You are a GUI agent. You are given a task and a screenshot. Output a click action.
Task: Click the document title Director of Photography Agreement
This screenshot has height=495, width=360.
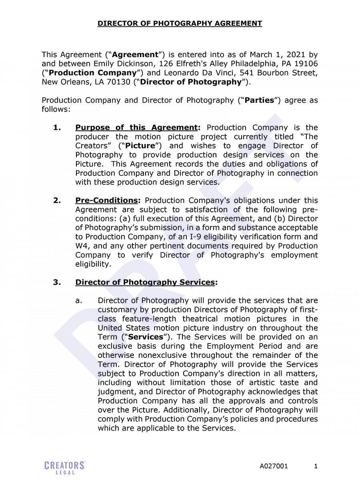tap(180, 24)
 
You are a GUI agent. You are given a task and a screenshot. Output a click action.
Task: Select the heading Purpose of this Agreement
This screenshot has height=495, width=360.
tap(136, 128)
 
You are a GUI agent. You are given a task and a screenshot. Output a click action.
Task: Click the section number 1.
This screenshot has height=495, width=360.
tap(57, 128)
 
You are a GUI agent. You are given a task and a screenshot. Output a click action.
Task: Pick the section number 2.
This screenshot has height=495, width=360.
tap(57, 200)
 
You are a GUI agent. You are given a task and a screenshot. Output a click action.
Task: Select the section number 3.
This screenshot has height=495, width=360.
tap(57, 282)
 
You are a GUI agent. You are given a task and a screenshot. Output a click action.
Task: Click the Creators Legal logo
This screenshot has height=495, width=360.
tap(65, 467)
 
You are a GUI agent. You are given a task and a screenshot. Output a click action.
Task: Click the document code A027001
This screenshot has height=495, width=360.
tap(274, 466)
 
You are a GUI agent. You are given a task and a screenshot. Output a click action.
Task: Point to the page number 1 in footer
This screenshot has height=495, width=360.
tap(316, 466)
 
